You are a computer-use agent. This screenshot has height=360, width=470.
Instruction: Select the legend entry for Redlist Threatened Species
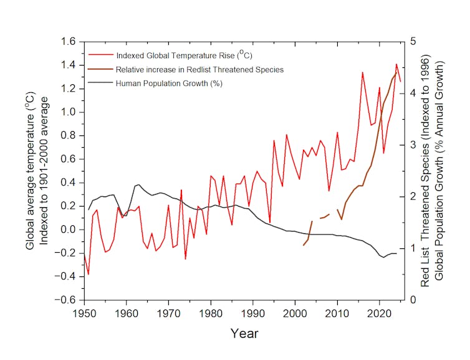click(199, 69)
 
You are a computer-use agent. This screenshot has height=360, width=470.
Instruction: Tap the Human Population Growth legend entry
click(169, 82)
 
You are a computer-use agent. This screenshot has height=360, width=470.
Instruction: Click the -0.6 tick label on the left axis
click(67, 300)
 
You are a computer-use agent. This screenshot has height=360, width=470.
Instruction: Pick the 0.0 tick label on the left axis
click(69, 230)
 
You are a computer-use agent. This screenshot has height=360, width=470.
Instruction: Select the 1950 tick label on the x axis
click(84, 312)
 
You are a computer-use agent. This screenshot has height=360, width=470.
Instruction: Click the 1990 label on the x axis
click(253, 312)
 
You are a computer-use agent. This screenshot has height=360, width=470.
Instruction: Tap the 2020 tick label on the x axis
click(380, 312)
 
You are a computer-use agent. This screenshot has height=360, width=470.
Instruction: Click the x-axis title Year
click(244, 333)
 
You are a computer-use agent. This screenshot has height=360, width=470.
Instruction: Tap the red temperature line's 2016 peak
click(363, 72)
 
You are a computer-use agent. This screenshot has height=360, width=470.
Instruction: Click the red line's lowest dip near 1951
click(89, 274)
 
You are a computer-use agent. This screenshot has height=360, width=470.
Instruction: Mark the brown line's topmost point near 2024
click(396, 72)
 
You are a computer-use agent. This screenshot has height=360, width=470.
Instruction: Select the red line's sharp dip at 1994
click(269, 222)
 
